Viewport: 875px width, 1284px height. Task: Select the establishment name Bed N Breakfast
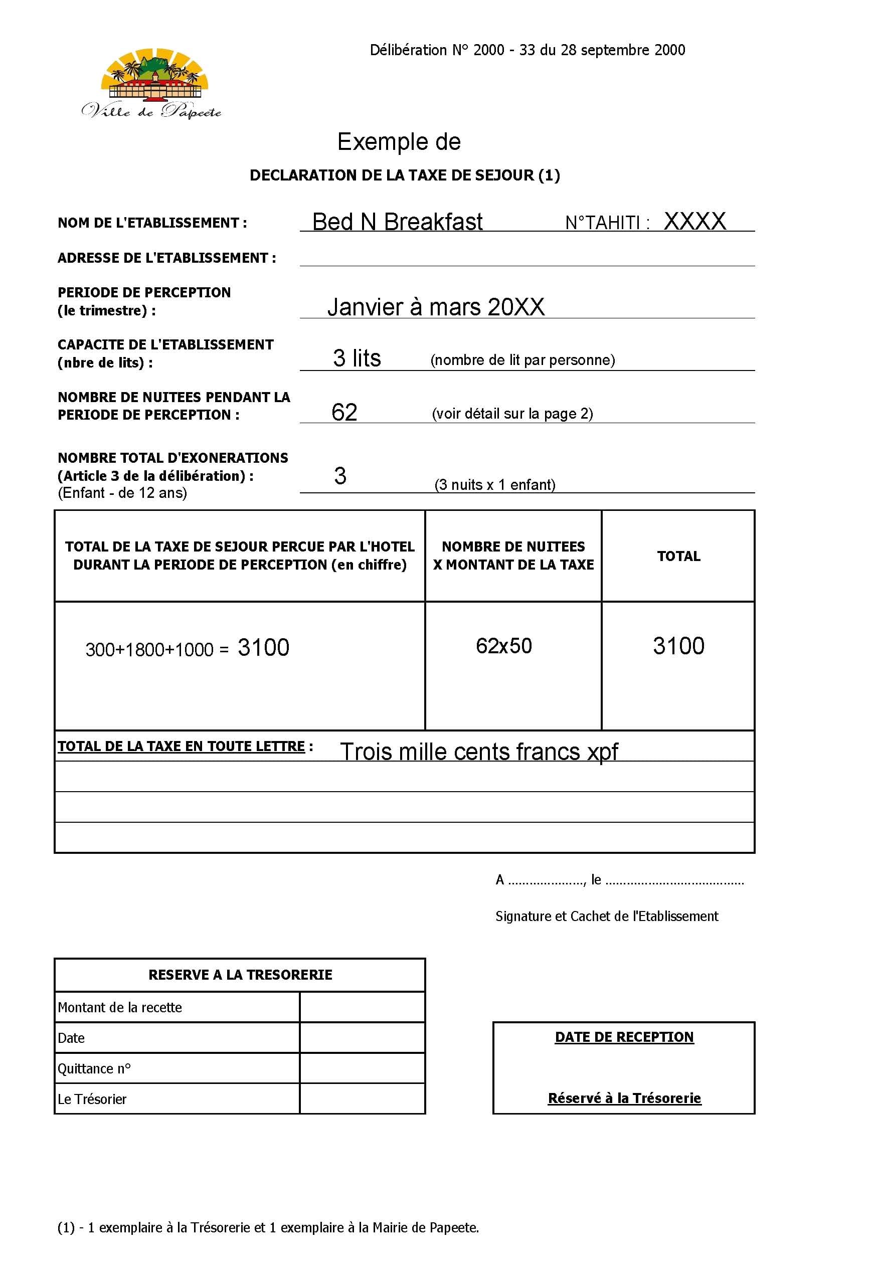397,222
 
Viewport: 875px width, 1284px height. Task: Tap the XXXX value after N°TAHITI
694,222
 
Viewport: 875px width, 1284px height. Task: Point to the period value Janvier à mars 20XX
436,307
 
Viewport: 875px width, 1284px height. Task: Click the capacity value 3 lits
357,358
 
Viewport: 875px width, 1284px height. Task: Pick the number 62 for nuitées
344,412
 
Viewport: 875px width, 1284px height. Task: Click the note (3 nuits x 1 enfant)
494,484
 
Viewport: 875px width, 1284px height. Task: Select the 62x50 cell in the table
503,646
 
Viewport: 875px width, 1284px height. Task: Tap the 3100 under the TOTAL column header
678,646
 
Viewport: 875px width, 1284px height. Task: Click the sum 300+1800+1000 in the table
149,650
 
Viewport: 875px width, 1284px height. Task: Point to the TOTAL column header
678,556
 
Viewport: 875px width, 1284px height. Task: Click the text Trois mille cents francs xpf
478,752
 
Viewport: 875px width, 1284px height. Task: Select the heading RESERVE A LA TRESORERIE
240,975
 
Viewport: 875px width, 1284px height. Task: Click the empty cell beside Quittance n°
363,1068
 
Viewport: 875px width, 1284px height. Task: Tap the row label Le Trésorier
92,1099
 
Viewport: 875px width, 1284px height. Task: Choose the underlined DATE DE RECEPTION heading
624,1037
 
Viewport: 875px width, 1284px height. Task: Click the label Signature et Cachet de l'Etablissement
607,916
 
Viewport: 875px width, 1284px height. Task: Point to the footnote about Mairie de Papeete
268,1228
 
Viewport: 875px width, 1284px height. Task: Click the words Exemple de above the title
399,142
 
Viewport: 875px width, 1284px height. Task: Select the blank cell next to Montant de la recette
363,1007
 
